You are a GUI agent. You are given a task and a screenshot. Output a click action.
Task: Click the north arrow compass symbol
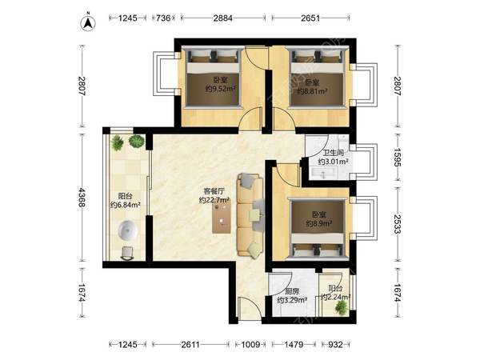click(88, 23)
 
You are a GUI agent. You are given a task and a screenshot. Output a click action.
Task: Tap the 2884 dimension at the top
click(222, 18)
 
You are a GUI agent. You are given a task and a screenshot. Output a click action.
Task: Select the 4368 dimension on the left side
click(81, 198)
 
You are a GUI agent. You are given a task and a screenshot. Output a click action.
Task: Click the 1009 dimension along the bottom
click(250, 345)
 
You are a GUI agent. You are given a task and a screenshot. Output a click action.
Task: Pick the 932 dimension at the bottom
click(335, 345)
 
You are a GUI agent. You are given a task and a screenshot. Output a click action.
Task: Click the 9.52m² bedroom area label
click(221, 89)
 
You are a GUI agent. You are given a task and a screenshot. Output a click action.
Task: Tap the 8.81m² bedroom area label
click(312, 91)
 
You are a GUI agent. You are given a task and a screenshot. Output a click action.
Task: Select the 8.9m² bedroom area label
click(319, 223)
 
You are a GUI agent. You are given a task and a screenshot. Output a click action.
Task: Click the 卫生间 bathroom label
click(334, 153)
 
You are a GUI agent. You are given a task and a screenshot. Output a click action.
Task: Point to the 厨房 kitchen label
click(292, 291)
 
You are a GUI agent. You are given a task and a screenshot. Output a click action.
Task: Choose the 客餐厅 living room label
click(214, 191)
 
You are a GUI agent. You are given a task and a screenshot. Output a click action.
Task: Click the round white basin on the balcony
click(128, 231)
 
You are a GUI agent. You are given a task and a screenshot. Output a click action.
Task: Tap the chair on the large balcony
click(127, 254)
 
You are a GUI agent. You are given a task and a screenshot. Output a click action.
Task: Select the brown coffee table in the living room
click(222, 217)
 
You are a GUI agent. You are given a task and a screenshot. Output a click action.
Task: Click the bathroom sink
click(323, 173)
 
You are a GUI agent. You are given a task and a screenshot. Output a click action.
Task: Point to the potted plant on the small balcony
click(342, 307)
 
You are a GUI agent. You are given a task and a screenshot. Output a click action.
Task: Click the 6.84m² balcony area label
click(126, 205)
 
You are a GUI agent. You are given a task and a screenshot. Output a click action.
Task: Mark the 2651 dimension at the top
click(310, 18)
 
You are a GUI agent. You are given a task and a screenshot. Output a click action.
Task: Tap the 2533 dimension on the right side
click(397, 224)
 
